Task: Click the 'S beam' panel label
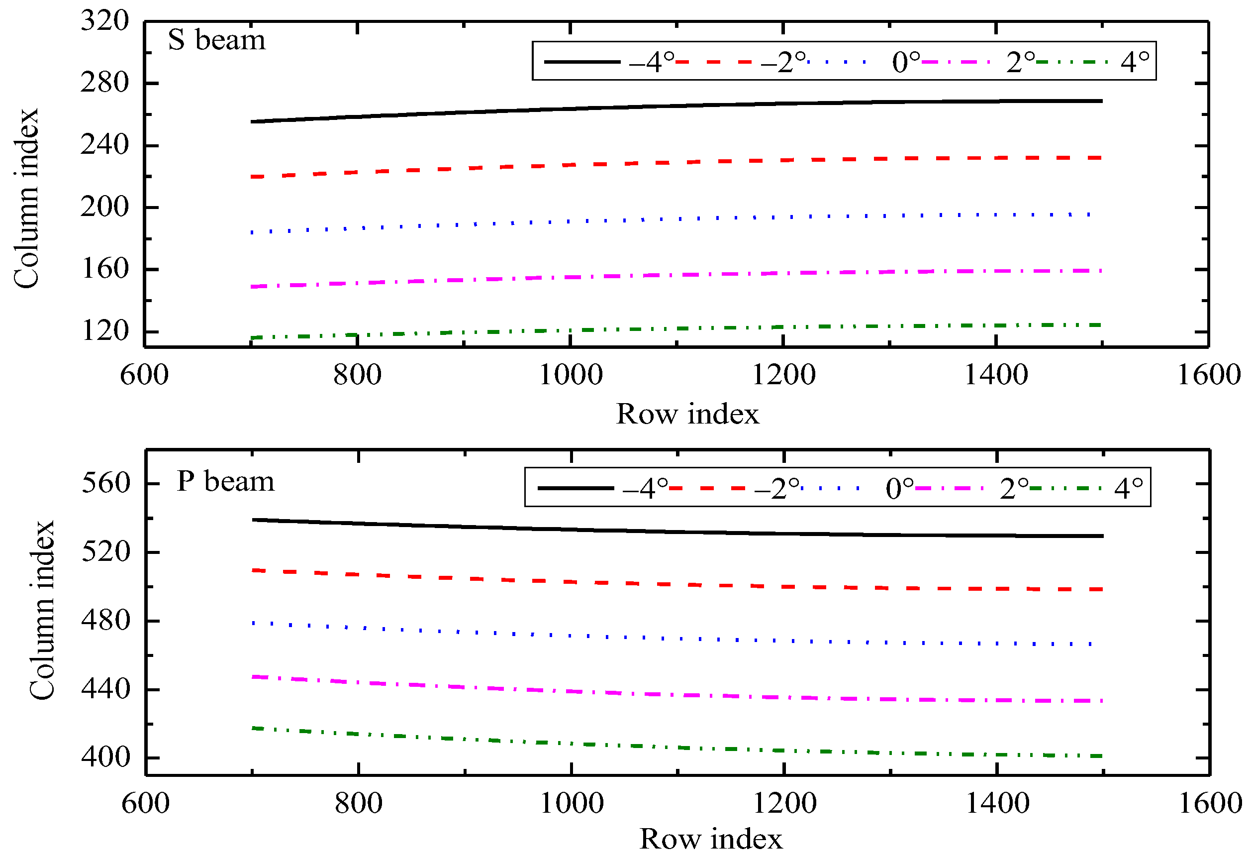216,40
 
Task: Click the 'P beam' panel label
225,481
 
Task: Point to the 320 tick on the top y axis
105,21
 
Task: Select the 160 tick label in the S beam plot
105,269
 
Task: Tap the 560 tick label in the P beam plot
106,483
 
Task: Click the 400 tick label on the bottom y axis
106,757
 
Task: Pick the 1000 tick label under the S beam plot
571,375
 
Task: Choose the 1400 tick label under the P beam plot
997,803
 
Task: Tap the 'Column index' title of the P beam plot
42,610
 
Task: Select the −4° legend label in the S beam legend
652,63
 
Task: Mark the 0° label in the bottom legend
899,489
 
